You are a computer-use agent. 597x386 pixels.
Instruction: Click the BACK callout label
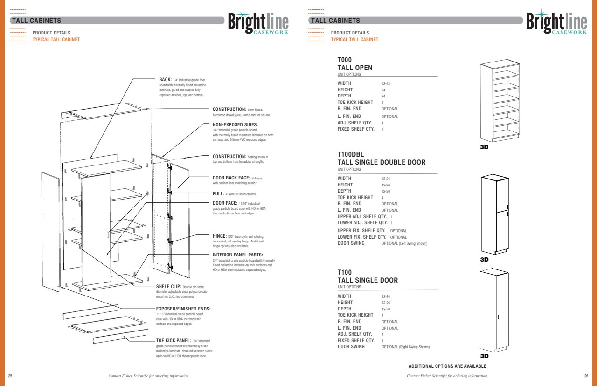click(166, 80)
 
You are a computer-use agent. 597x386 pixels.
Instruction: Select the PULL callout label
click(219, 193)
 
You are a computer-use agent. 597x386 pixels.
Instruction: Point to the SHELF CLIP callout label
click(169, 287)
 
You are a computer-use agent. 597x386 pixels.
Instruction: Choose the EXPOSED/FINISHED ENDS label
click(183, 309)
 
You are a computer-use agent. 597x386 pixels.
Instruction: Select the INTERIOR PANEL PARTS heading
click(238, 255)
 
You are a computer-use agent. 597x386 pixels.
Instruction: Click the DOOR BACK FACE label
click(231, 178)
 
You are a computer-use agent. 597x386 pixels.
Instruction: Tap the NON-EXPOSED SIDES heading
click(235, 124)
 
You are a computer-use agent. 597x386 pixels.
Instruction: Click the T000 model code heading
click(345, 60)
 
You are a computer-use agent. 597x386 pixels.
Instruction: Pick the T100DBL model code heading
click(351, 154)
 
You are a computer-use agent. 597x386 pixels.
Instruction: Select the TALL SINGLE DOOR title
click(368, 280)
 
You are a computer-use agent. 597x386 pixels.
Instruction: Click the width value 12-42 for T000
click(386, 83)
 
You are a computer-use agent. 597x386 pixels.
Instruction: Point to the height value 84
click(383, 90)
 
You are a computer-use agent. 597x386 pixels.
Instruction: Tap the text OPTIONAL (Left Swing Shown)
click(404, 244)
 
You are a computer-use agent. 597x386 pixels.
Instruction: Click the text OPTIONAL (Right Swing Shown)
click(405, 347)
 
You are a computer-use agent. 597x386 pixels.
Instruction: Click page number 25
click(10, 376)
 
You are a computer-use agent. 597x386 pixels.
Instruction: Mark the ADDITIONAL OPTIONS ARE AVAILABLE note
click(447, 366)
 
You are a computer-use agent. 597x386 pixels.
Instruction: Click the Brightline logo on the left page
click(258, 22)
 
